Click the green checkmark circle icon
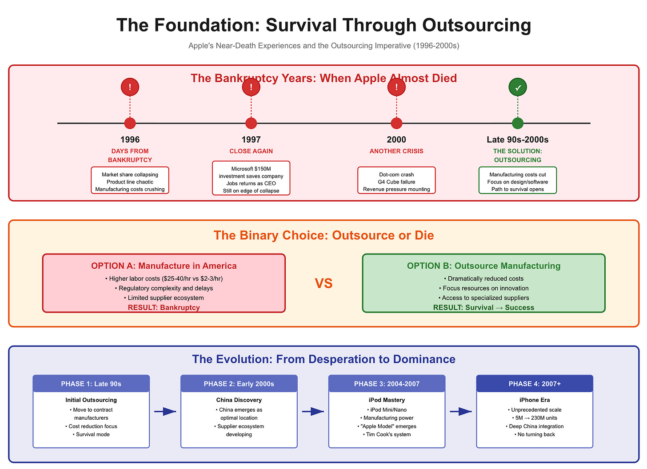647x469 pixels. tap(518, 87)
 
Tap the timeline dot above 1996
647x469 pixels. tap(130, 123)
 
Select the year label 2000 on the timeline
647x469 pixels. tap(396, 139)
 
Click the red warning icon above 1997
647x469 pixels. tap(251, 87)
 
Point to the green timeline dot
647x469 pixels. tap(518, 123)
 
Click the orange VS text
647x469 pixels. tap(323, 283)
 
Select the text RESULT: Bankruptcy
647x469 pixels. tap(164, 307)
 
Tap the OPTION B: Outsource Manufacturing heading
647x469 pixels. tap(483, 266)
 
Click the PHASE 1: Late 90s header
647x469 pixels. tap(91, 384)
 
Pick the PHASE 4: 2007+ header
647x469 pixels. tap(535, 384)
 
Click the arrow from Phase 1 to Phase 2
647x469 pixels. tap(165, 412)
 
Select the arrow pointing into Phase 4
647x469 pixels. tap(460, 412)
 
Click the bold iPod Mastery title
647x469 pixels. tap(387, 400)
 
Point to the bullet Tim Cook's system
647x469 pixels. tap(387, 434)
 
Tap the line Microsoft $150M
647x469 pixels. tap(251, 169)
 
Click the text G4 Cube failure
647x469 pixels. tap(396, 182)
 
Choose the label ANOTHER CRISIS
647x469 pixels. tap(396, 151)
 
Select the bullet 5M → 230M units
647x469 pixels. tap(535, 418)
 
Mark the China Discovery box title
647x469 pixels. tap(239, 400)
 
